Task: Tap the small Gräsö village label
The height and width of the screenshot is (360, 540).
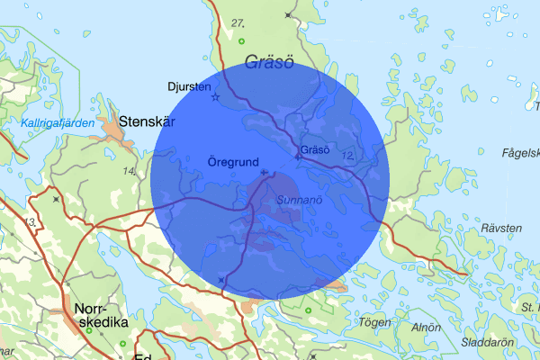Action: [317, 148]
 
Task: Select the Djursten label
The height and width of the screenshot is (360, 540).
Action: [189, 87]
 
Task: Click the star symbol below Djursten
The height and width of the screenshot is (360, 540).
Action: [214, 97]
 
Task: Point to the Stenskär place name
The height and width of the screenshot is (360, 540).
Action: [147, 120]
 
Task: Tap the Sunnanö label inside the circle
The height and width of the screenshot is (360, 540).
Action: [299, 199]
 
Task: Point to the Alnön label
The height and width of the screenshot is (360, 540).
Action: [425, 328]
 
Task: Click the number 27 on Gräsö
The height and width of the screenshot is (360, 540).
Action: [238, 22]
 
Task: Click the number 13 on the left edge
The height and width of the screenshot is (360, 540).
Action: [32, 221]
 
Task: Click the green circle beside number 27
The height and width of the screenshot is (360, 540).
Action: [241, 41]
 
